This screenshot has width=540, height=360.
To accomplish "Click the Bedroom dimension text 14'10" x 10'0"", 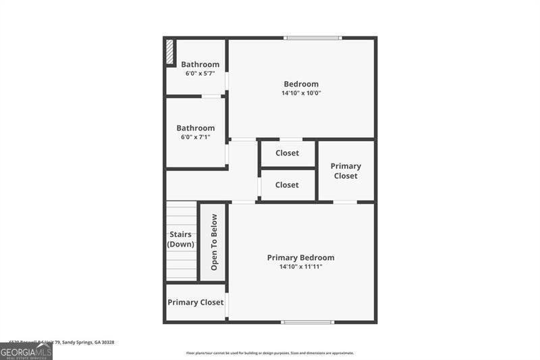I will (x=301, y=93).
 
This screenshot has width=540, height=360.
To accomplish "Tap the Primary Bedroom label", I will (x=300, y=257).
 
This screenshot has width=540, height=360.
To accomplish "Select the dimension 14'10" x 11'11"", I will (x=300, y=267).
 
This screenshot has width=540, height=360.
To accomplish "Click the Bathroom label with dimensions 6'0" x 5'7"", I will (x=200, y=65).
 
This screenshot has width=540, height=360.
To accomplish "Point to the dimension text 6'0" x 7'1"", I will (x=196, y=137).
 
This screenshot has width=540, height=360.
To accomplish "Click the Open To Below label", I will (x=214, y=242).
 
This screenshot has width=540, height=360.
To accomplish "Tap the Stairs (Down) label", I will (x=181, y=239).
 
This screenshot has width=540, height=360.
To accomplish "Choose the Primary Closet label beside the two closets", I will (x=346, y=171).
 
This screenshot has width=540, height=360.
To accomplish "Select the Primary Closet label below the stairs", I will (x=196, y=303).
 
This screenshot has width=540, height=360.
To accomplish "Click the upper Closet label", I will (x=287, y=153).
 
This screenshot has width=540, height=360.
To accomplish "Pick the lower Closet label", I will (x=287, y=184).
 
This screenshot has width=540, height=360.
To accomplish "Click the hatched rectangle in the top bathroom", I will (x=170, y=53).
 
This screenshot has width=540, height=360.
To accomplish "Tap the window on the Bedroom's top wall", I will (x=313, y=38).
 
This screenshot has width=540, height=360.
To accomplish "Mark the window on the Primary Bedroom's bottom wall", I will (x=308, y=322).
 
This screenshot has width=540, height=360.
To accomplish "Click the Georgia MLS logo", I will (x=26, y=352).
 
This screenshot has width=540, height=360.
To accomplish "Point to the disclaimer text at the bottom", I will (x=270, y=353).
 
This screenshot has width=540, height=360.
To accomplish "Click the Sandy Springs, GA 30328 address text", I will (x=88, y=342).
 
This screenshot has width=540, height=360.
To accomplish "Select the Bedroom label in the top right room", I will (x=301, y=84).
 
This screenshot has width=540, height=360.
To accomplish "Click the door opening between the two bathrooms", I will (x=211, y=97).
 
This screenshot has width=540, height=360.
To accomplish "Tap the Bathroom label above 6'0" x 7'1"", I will (x=196, y=128).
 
